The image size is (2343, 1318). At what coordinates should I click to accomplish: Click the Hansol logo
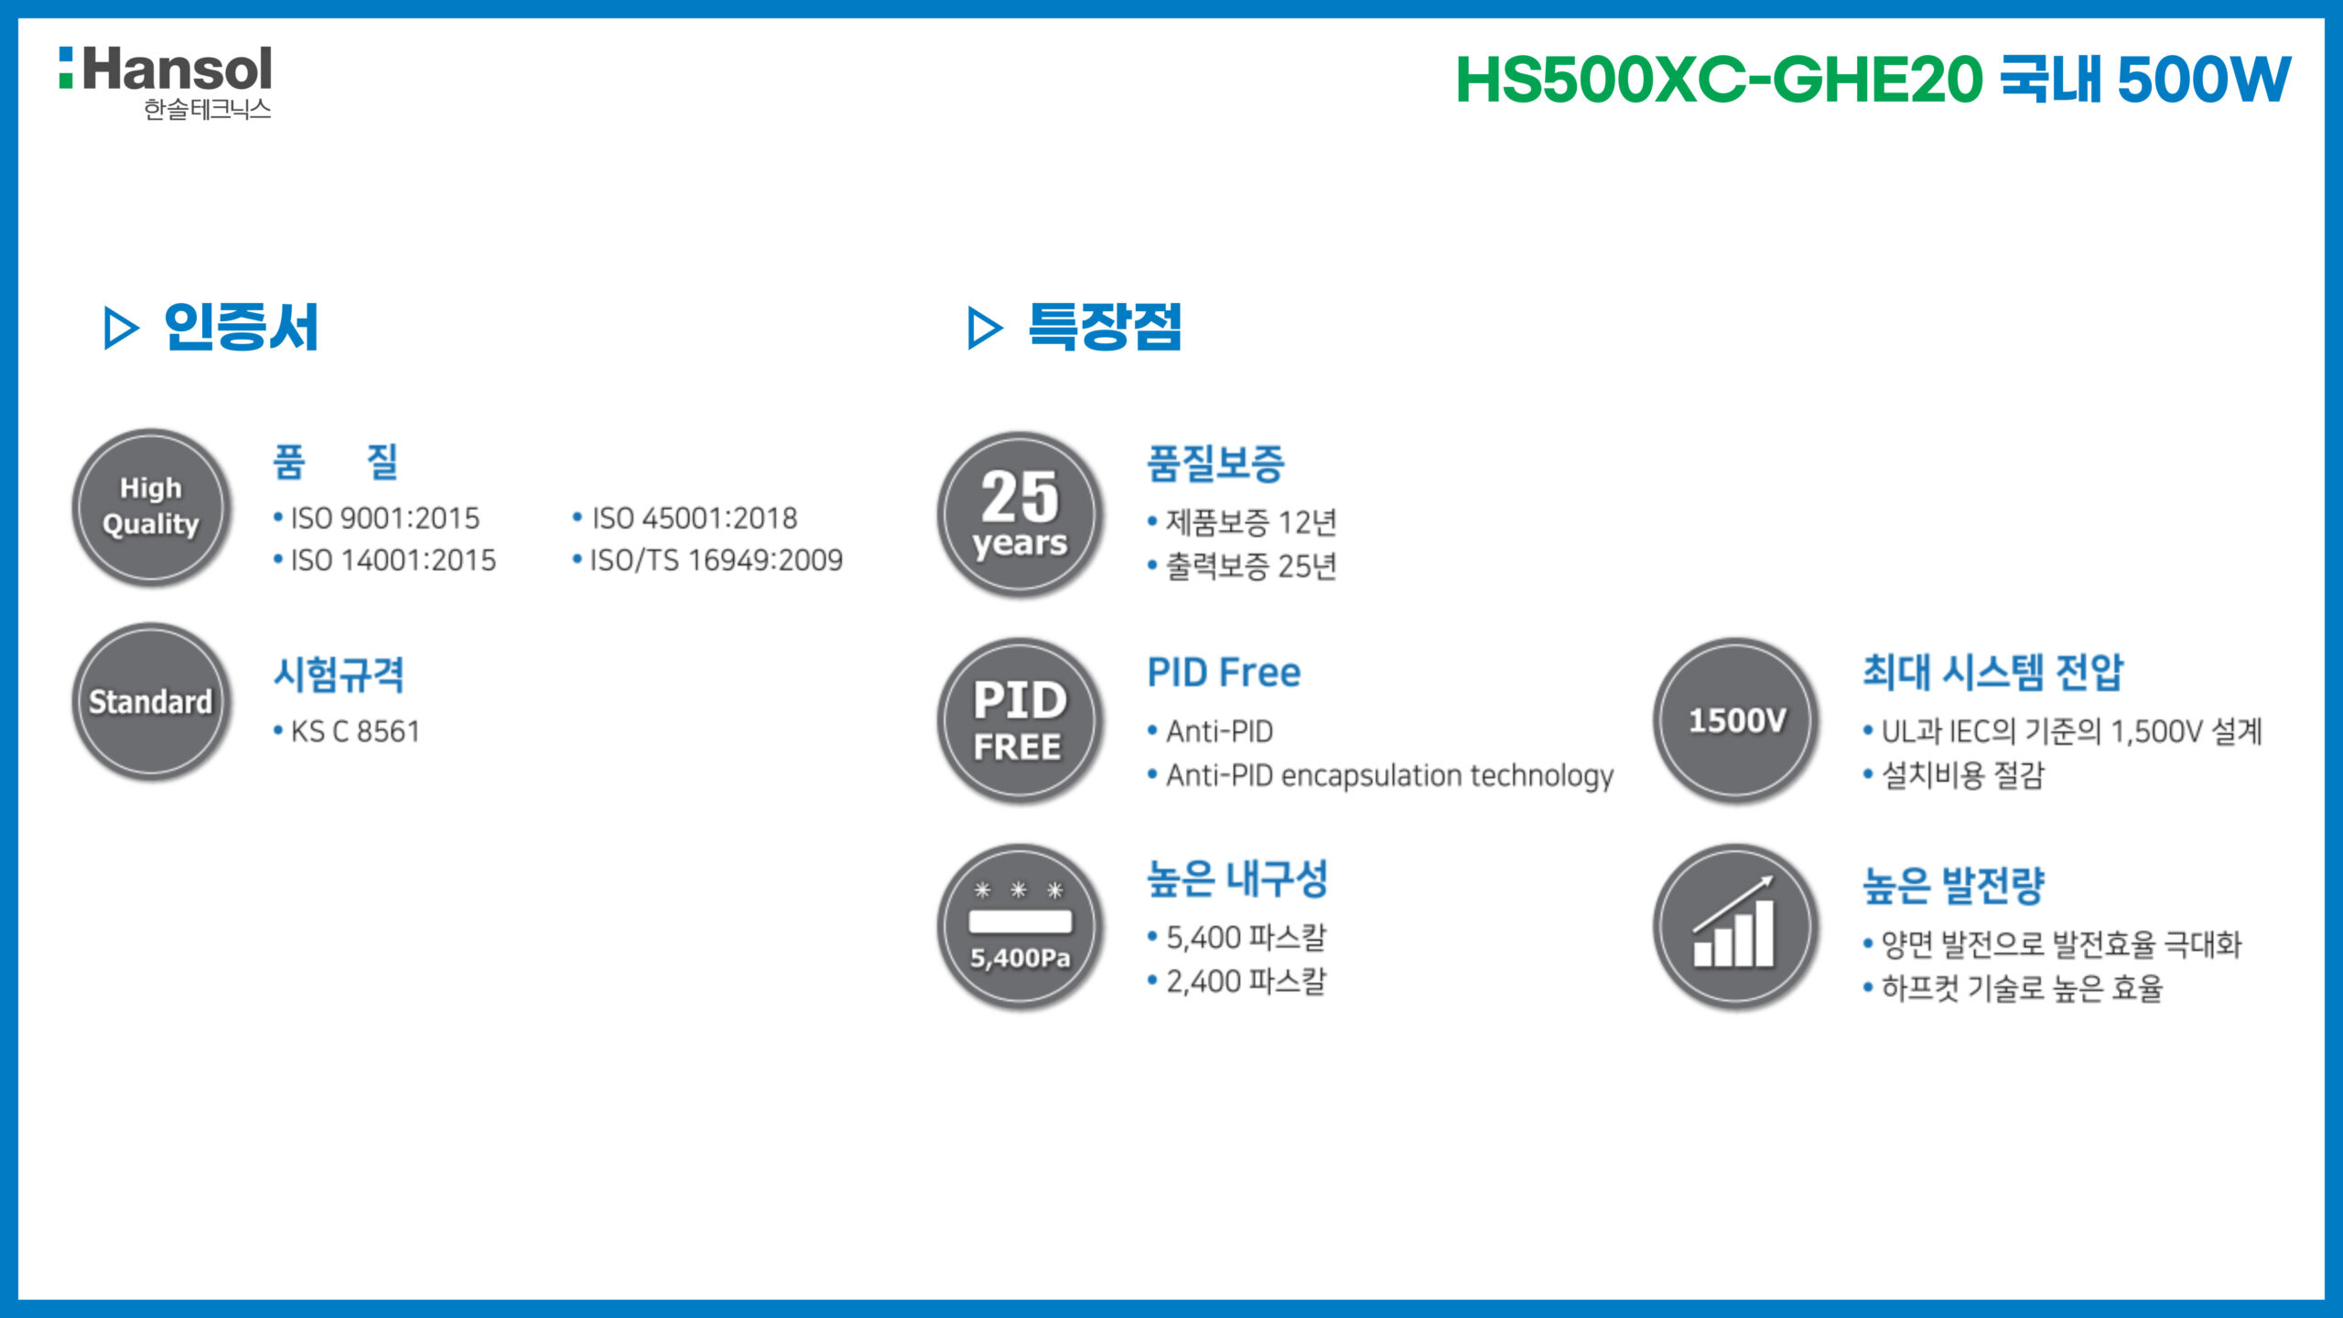tap(166, 82)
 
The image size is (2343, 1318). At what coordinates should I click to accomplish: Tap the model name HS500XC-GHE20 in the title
tap(1719, 80)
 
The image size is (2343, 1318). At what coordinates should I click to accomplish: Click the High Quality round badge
tap(151, 507)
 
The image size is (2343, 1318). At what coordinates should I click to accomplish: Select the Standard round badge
tap(151, 702)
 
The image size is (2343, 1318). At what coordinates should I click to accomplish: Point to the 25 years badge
tap(1020, 514)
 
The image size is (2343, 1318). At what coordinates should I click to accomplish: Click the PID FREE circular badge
tap(1020, 720)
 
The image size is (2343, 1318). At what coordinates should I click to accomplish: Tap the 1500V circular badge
tap(1736, 720)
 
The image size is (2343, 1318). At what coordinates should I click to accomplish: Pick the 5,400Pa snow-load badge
tap(1020, 926)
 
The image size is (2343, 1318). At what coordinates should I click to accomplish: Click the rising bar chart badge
tap(1736, 926)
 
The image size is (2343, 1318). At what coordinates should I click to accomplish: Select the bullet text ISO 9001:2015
tap(385, 518)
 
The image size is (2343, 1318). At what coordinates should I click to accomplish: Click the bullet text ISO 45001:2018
tap(695, 518)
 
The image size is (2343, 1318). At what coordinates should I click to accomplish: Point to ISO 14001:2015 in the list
tap(394, 560)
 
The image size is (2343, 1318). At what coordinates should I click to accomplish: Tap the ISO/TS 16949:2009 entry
tap(717, 560)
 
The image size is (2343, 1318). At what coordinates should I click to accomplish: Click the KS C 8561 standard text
tap(355, 731)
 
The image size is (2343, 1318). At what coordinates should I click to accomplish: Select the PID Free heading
tap(1224, 673)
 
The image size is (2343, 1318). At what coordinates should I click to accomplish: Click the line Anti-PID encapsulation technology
tap(1389, 775)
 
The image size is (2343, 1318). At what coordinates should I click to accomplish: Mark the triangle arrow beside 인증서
tap(121, 328)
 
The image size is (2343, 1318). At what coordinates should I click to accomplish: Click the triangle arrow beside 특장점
tap(985, 328)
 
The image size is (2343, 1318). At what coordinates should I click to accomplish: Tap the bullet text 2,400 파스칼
tap(1246, 981)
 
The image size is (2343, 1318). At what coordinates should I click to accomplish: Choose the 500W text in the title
tap(2204, 80)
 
